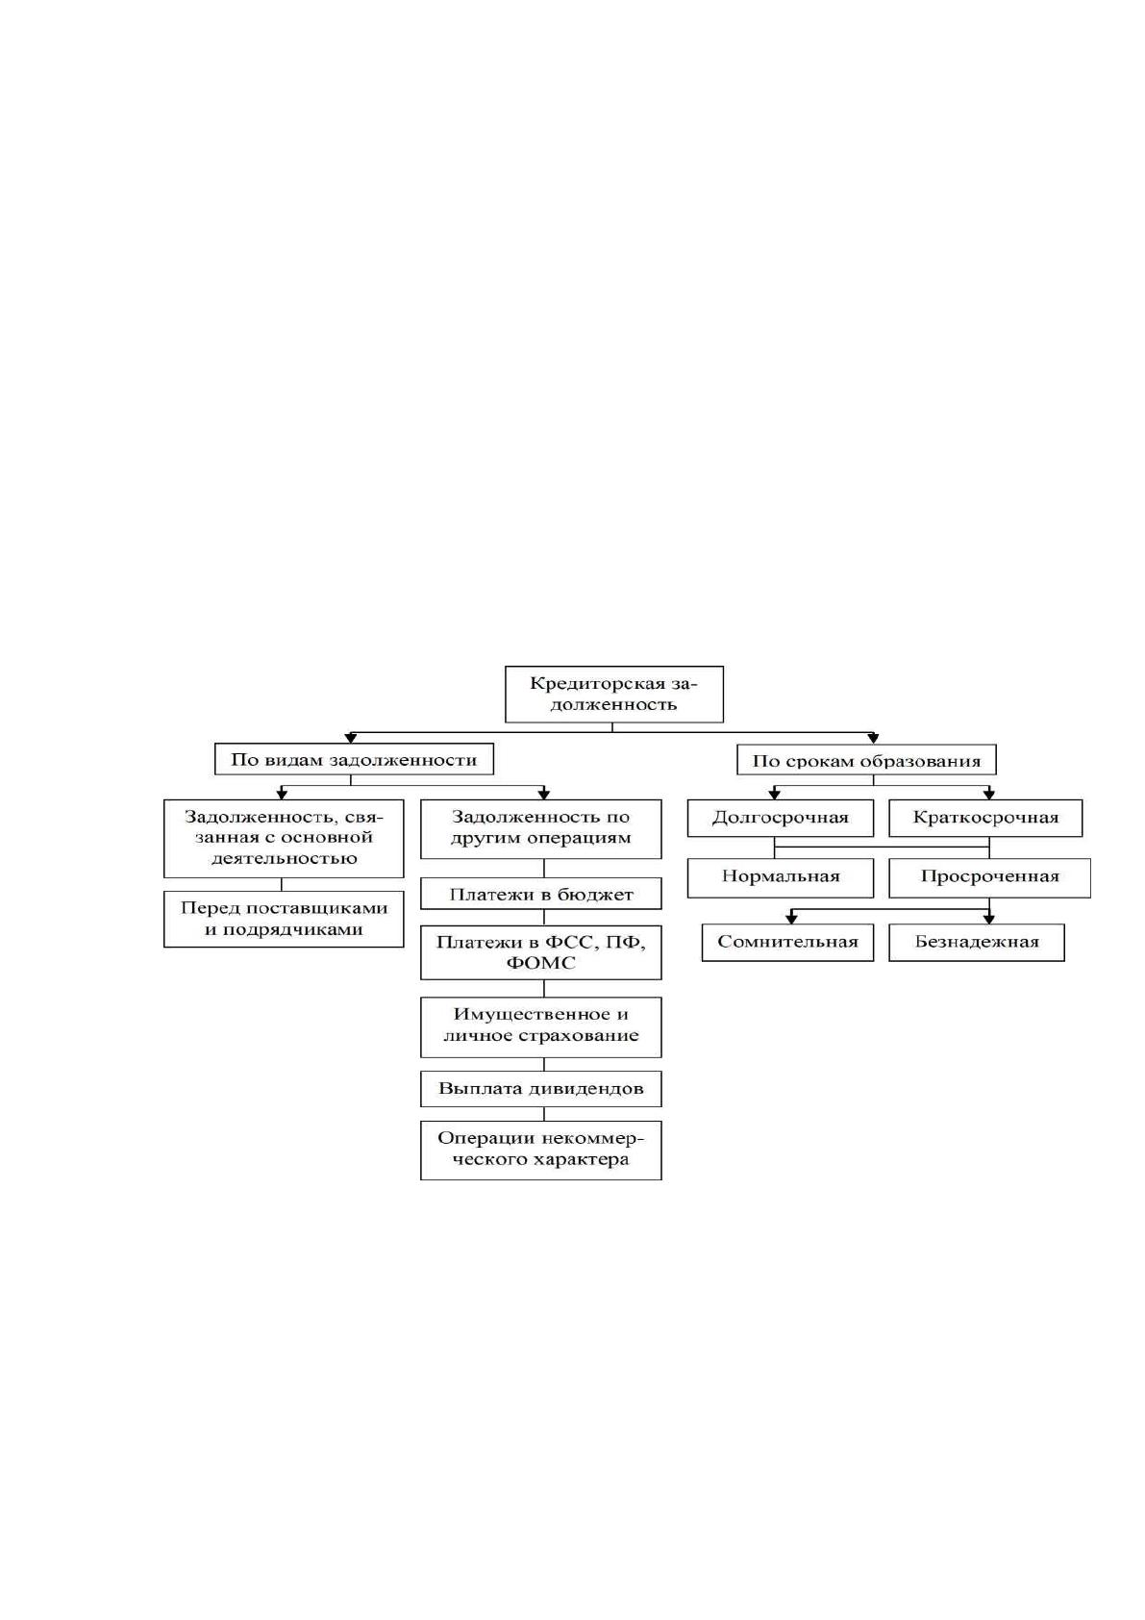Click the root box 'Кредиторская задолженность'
coord(613,695)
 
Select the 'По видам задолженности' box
coord(354,759)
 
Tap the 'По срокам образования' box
coord(867,760)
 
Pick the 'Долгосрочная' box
coord(781,818)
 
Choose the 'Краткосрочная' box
coord(986,818)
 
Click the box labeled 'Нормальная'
coord(781,878)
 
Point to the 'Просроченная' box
coord(989,878)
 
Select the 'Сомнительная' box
coord(788,943)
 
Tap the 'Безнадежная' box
coord(977,943)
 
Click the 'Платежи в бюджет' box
coord(541,893)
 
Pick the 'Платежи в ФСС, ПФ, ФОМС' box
coord(541,952)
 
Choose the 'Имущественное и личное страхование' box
coord(541,1027)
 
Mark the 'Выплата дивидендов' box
coord(541,1088)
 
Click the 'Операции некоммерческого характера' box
coord(541,1151)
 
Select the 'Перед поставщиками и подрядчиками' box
coord(284,920)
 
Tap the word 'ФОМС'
coord(540,963)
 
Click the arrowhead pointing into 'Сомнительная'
coord(791,919)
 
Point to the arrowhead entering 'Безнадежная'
coord(989,919)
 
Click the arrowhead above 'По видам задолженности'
coord(351,739)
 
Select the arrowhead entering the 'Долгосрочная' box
coord(774,794)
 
